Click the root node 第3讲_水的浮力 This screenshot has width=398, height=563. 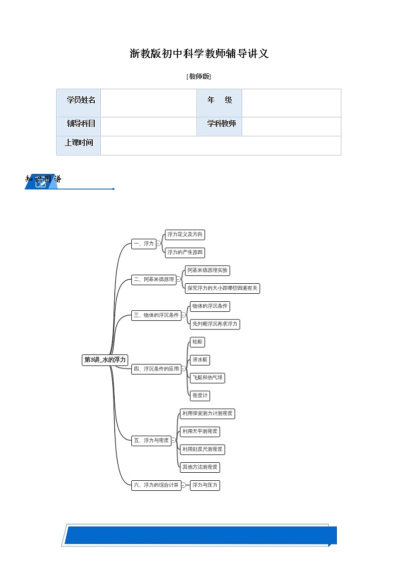(105, 360)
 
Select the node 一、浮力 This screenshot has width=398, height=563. (143, 244)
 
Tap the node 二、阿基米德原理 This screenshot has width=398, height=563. (154, 280)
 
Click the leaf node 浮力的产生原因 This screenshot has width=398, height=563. (185, 253)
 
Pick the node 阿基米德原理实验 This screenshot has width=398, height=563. (208, 271)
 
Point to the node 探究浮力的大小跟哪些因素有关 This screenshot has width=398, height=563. (222, 288)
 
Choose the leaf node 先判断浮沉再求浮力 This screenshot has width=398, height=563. (215, 324)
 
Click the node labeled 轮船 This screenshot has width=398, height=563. (197, 342)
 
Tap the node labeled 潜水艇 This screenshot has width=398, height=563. (200, 360)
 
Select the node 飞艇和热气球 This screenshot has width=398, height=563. (207, 378)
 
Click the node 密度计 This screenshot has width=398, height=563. (200, 396)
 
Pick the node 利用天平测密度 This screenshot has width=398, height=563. (200, 431)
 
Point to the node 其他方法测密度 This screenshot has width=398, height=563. (200, 467)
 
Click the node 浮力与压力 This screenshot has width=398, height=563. (205, 485)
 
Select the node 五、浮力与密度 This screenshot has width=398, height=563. (151, 441)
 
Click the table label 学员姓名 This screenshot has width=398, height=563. (81, 100)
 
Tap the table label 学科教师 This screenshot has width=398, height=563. (222, 123)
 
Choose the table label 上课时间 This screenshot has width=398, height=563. (79, 142)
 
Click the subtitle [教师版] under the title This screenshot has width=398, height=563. (198, 77)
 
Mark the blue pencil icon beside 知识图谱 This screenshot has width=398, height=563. (41, 183)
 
